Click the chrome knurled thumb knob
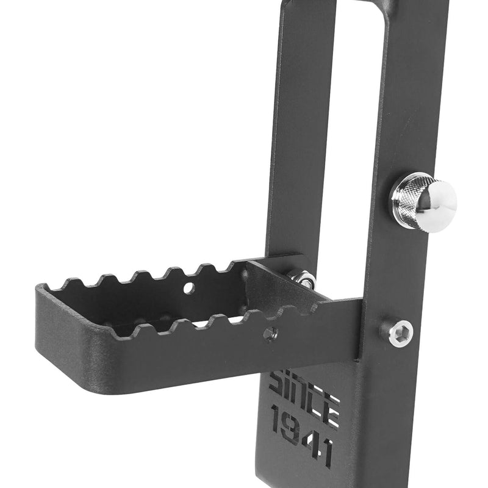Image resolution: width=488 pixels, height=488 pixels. tap(423, 201)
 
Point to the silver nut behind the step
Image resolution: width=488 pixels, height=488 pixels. tap(303, 279)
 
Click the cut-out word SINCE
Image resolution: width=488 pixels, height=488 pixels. tap(304, 395)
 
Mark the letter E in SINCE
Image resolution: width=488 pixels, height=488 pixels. tap(331, 409)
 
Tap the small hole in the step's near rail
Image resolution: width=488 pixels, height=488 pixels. tap(270, 333)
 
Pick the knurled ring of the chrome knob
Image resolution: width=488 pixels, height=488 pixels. tap(407, 198)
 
